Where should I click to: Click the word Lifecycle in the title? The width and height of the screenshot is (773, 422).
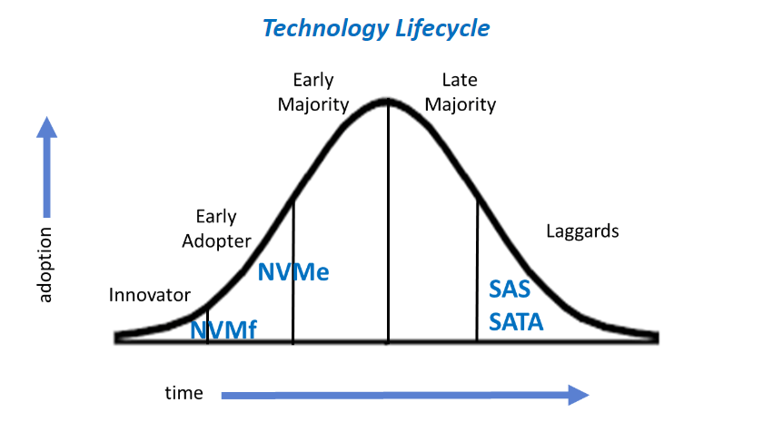coord(442,28)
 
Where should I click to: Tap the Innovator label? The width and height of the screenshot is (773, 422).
coord(149,295)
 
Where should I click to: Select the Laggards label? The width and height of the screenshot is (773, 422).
coord(582,231)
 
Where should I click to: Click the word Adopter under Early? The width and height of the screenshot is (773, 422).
coord(216,241)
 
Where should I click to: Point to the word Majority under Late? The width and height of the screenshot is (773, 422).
coord(461,105)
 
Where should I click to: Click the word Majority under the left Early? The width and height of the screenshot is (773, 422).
coord(313,105)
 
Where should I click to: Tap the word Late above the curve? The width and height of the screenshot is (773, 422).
coord(460,80)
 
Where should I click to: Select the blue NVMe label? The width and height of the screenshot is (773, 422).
coord(293,272)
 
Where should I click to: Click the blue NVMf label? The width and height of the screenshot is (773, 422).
coord(223,330)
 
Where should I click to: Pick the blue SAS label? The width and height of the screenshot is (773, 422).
coord(510,290)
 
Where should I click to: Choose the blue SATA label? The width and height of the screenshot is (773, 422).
coord(516,322)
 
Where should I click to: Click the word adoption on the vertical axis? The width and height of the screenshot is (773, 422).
coord(45,264)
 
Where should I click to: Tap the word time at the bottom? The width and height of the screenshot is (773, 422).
coord(183,393)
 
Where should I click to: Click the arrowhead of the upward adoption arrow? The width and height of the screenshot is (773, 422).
coord(47,127)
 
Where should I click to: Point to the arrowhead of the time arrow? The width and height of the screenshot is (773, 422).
coord(579,395)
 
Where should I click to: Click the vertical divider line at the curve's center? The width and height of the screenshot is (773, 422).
coord(388,221)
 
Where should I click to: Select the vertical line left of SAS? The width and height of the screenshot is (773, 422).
coord(477,270)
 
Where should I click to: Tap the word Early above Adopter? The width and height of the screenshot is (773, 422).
coord(216,217)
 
